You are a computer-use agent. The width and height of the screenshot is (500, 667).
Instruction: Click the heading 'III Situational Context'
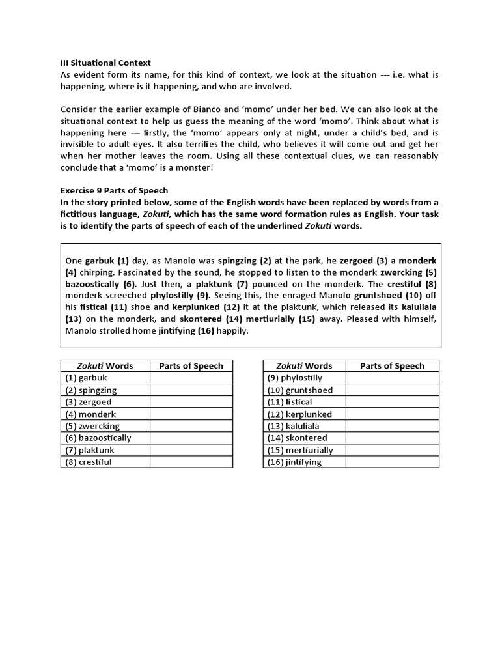click(x=105, y=63)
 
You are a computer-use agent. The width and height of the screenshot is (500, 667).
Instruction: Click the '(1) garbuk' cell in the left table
click(x=105, y=378)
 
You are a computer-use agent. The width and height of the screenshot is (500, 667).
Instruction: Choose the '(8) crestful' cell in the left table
click(x=105, y=462)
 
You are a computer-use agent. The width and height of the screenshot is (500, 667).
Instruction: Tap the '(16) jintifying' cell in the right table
click(x=304, y=462)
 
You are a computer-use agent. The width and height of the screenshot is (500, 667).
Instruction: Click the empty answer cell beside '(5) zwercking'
click(x=191, y=426)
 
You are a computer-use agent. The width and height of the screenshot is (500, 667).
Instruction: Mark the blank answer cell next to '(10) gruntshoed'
click(x=392, y=390)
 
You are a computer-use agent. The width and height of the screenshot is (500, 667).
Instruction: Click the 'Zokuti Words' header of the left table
click(x=105, y=366)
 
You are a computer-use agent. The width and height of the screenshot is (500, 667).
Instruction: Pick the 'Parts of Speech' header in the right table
click(x=392, y=366)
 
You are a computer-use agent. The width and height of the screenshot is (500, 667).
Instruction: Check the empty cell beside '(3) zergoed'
click(x=191, y=402)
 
